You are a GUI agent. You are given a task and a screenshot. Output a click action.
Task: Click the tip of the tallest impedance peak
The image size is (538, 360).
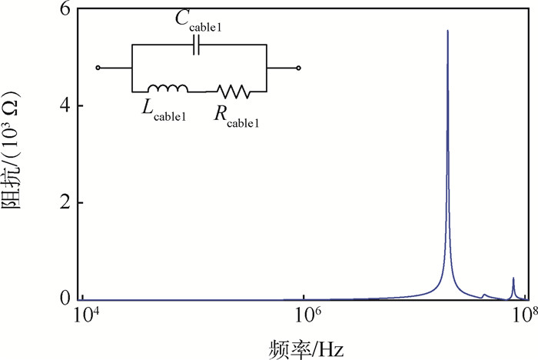pyautogui.click(x=447, y=32)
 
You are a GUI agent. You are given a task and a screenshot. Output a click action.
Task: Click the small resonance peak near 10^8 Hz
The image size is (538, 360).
pyautogui.click(x=513, y=278)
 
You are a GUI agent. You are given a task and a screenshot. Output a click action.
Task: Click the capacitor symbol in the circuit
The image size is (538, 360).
pyautogui.click(x=198, y=45)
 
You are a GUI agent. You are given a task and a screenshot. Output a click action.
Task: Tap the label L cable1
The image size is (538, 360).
pyautogui.click(x=164, y=112)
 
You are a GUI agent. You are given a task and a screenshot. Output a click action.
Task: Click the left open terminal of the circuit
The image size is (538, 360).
pyautogui.click(x=98, y=68)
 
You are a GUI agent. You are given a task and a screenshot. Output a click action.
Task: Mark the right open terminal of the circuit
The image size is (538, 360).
pyautogui.click(x=298, y=68)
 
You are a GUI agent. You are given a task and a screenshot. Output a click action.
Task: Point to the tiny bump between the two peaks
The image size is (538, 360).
pyautogui.click(x=484, y=295)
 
